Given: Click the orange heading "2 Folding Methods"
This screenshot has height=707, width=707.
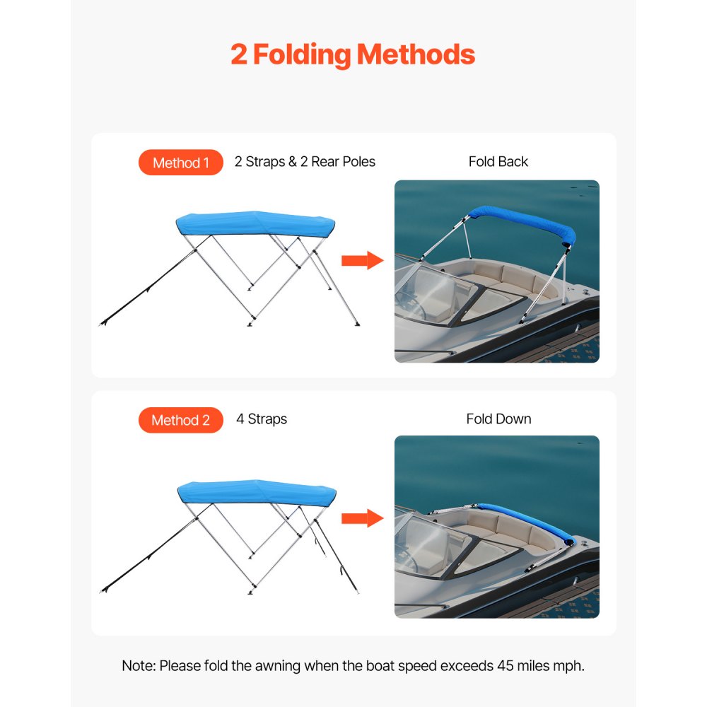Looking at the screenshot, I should coord(353,54).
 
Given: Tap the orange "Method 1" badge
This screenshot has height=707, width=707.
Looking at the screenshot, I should coord(181,163).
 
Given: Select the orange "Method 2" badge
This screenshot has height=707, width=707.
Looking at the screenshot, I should coord(181,421).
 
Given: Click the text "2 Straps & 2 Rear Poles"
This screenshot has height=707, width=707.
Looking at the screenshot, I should coord(305,162).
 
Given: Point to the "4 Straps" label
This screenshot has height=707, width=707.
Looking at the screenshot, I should coord(262,419).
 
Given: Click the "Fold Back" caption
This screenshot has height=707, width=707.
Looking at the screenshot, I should coord(498,162).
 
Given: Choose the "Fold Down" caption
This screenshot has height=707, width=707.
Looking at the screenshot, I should coord(498,419).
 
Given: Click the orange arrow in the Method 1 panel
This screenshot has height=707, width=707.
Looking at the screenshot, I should coord(361,261).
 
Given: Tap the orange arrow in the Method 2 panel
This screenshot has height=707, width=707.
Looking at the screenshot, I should coord(361,518).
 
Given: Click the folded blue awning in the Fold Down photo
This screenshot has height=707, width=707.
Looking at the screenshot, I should coord(527,520).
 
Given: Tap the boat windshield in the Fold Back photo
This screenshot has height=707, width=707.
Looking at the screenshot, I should coord(431,293).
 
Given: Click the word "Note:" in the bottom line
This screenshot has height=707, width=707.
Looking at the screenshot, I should coord(139,666).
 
